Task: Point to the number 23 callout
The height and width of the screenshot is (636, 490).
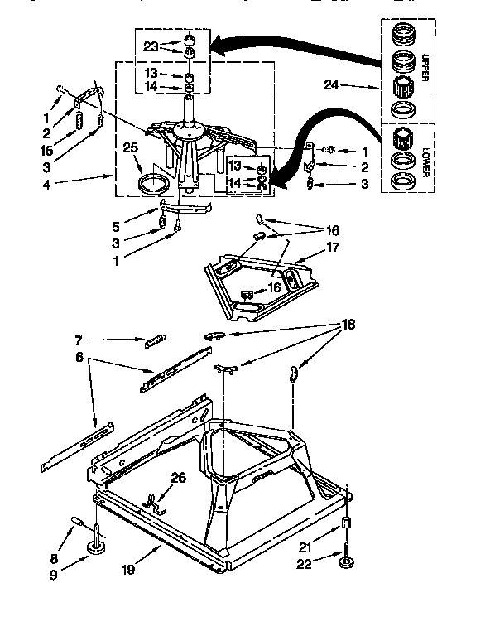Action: coord(151,47)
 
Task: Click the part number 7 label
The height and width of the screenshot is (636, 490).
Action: coord(77,340)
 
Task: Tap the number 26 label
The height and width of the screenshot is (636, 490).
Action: coord(178,477)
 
